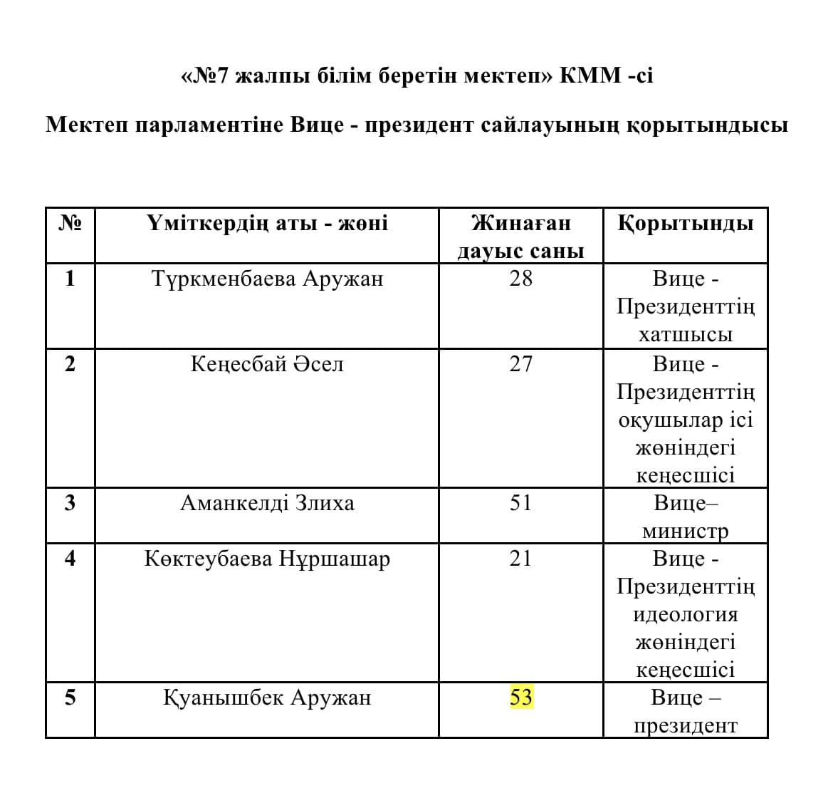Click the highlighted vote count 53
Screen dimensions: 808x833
tap(521, 697)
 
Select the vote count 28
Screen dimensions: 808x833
tap(521, 278)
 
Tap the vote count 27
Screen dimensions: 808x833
tap(521, 364)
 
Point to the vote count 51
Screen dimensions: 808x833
tap(521, 503)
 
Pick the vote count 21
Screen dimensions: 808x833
tap(521, 558)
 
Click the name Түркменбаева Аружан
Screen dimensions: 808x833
tap(268, 278)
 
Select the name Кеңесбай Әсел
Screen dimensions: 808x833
tap(268, 364)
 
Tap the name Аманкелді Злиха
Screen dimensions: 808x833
tap(268, 503)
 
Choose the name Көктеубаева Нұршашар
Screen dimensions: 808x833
tap(268, 559)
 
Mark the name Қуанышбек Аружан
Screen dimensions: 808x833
tap(268, 697)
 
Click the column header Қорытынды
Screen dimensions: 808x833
tap(686, 224)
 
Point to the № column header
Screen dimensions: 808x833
tap(70, 224)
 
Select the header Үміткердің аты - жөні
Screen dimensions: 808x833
tap(268, 224)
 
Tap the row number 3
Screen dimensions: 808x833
tap(70, 503)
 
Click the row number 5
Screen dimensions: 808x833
tap(70, 697)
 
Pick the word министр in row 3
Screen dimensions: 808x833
tap(686, 532)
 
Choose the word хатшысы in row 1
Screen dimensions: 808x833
tap(686, 335)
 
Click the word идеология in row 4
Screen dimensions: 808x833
tap(686, 614)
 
